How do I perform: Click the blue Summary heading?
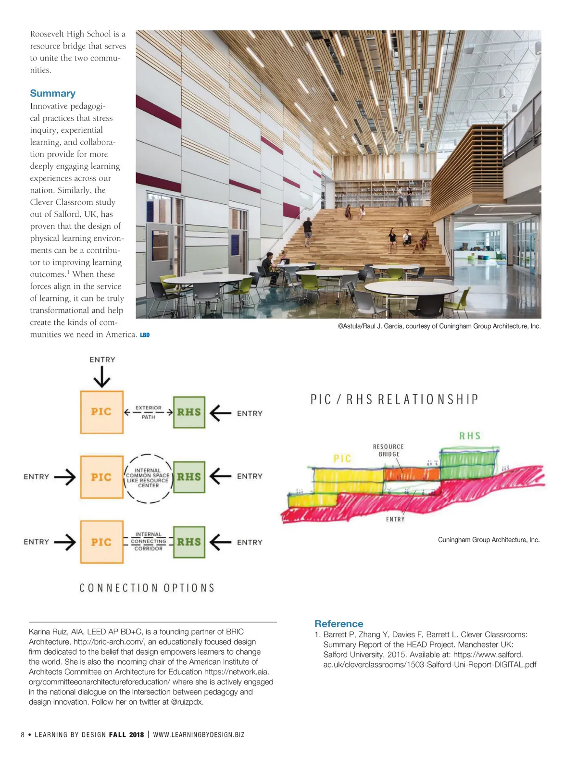52,93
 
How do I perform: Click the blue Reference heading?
339,624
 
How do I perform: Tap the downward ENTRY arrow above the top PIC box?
102,376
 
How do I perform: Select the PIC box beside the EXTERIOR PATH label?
101,412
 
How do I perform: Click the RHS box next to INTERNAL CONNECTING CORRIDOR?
189,542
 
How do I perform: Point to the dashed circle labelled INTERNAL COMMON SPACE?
148,478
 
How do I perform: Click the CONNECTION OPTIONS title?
147,588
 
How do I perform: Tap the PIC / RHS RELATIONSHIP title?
394,399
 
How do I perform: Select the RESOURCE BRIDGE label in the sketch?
389,450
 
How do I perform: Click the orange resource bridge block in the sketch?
411,474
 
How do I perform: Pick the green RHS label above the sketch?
470,436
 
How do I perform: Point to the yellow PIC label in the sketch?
342,459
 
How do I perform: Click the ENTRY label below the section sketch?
395,519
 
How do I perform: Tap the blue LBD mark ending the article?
145,335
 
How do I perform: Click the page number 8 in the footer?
23,734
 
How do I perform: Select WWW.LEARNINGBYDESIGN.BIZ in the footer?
199,734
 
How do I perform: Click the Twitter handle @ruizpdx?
187,702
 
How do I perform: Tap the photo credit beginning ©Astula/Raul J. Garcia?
439,326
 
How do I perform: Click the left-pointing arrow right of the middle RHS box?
221,476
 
